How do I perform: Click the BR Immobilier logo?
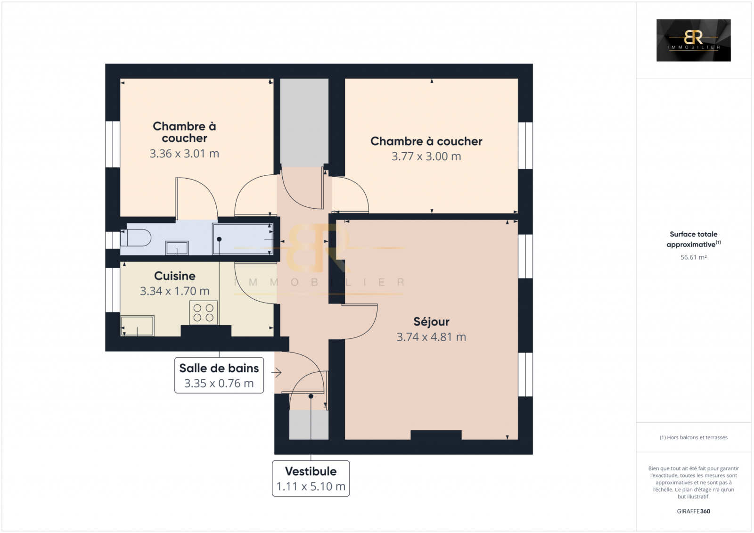(x=693, y=40)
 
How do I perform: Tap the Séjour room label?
(x=431, y=321)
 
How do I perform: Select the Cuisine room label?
(x=175, y=276)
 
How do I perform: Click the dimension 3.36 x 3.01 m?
(x=184, y=154)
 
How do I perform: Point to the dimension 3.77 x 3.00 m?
(x=426, y=156)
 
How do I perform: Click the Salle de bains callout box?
(x=219, y=375)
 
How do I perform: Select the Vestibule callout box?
(x=311, y=478)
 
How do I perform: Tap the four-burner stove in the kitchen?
(x=203, y=312)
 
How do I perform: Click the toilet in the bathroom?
(x=136, y=238)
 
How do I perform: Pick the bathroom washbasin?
(x=177, y=248)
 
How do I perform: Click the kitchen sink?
(x=137, y=326)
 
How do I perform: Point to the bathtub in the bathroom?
(x=243, y=239)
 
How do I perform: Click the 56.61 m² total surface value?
(x=693, y=257)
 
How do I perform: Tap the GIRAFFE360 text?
(x=693, y=511)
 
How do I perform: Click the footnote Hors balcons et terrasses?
(x=693, y=437)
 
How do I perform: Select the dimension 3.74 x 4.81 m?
(x=431, y=336)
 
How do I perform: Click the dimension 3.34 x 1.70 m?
(x=175, y=291)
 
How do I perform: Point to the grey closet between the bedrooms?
(x=304, y=123)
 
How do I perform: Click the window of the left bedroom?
(x=113, y=144)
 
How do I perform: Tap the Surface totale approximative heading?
(x=693, y=239)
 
